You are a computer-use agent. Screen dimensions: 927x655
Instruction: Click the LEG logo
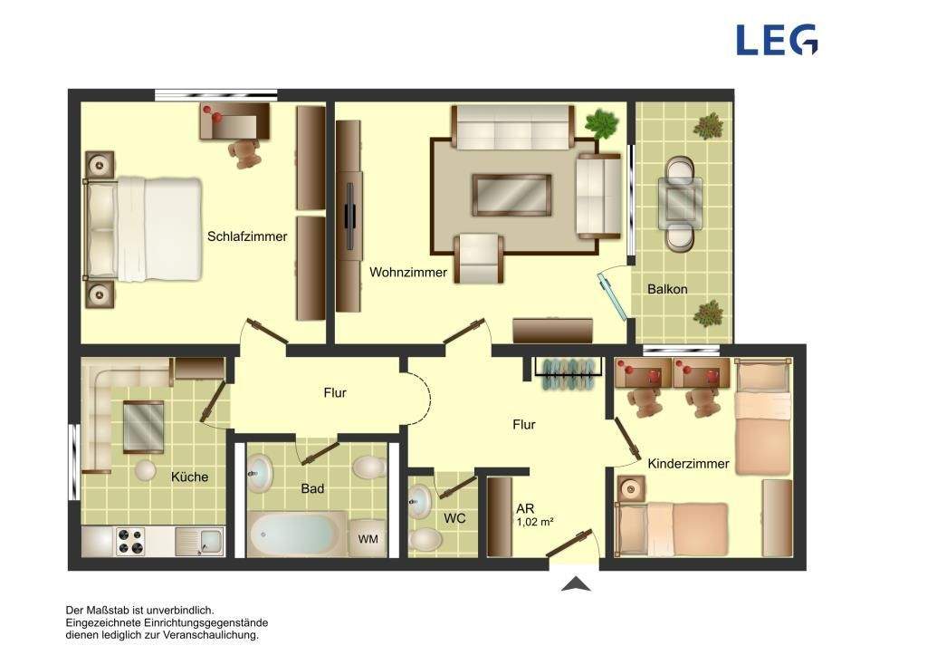777,40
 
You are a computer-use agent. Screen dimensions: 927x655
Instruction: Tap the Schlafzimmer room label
247,236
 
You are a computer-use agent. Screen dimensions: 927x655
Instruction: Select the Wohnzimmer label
408,272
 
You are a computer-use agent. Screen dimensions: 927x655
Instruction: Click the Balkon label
667,289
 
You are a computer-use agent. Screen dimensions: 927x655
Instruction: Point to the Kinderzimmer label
688,464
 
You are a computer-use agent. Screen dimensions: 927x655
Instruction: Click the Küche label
190,477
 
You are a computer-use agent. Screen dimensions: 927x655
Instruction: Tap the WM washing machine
368,538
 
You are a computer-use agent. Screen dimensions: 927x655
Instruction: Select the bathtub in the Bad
297,535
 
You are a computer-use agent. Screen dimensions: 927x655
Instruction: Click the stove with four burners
130,541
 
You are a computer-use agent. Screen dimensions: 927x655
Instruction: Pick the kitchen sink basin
211,540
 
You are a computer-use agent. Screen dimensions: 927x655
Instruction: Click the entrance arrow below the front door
575,584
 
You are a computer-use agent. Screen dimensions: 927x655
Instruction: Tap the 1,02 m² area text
535,523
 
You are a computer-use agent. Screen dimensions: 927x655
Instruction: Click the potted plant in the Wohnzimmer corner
601,123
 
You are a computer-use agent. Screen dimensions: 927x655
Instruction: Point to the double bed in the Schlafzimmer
144,228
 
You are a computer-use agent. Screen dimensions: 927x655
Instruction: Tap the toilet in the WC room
425,540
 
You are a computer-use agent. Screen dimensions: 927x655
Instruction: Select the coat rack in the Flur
569,372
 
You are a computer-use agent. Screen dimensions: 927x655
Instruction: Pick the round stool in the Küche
146,471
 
